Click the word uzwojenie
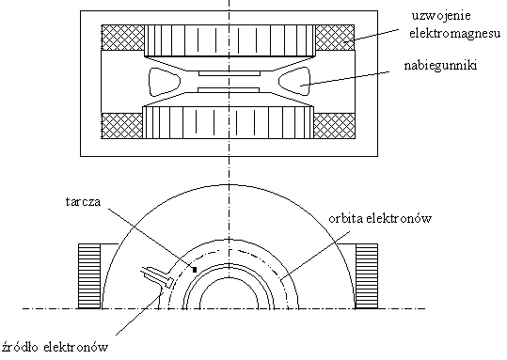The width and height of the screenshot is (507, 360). (x=441, y=16)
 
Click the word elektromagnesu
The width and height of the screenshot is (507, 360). (x=455, y=33)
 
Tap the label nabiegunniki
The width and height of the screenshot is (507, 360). (x=441, y=66)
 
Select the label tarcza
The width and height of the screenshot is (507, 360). (x=84, y=202)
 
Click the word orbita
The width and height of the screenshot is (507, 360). (x=346, y=219)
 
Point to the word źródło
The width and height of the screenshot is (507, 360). (x=20, y=347)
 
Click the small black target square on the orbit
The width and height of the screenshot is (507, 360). (x=195, y=270)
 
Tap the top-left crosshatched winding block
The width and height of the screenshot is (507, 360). (x=123, y=38)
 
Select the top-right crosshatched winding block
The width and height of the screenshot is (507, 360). (x=335, y=38)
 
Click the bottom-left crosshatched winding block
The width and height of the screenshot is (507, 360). (x=122, y=126)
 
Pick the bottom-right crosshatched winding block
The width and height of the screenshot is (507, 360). (x=334, y=126)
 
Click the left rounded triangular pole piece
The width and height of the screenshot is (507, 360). (x=165, y=82)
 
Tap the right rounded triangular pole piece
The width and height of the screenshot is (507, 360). (x=294, y=82)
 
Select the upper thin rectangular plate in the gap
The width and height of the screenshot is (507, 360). (x=230, y=73)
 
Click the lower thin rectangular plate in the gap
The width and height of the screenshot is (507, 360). (x=229, y=90)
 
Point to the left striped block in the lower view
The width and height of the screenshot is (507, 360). (x=89, y=276)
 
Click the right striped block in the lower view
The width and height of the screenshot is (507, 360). (x=367, y=276)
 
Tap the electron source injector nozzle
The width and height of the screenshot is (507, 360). (x=157, y=276)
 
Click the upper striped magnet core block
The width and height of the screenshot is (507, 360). (x=230, y=41)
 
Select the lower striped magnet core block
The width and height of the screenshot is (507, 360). (x=229, y=122)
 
